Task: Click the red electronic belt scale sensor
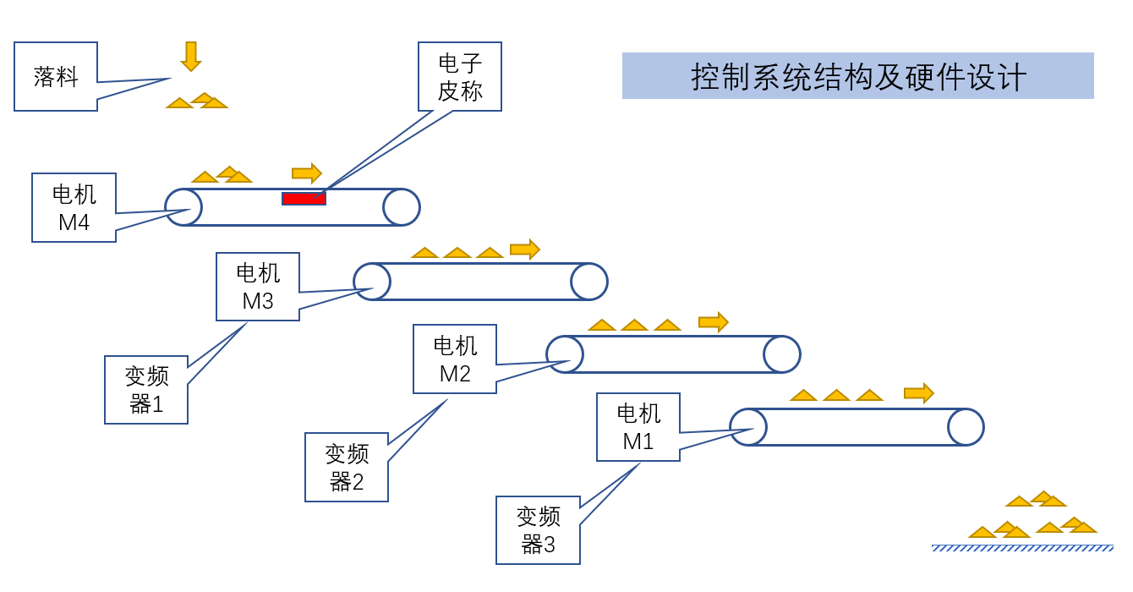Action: (304, 199)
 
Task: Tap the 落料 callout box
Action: (56, 77)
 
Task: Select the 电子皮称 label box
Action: (460, 76)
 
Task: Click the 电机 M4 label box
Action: (74, 208)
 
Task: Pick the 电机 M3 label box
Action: (258, 287)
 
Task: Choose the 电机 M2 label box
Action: (455, 359)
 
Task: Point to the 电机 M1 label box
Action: (638, 427)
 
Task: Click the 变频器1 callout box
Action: (145, 390)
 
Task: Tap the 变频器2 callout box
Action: (347, 468)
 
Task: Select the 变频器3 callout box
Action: (538, 530)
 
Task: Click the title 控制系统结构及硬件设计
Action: (858, 76)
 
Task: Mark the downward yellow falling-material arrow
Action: (191, 56)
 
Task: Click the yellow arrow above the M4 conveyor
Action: (307, 173)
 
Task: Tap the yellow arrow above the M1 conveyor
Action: (919, 393)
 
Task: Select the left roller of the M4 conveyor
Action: (183, 206)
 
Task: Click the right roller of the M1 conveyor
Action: (966, 427)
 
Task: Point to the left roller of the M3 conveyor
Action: (372, 282)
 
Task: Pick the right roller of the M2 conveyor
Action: (782, 354)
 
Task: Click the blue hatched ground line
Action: (1022, 548)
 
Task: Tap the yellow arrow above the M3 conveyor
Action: (525, 249)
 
